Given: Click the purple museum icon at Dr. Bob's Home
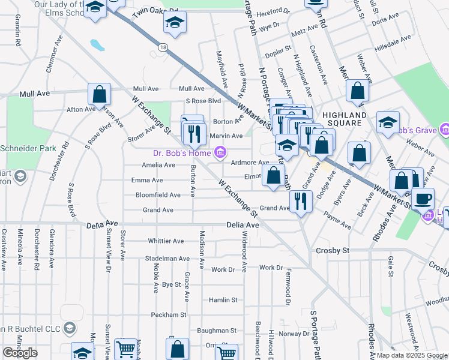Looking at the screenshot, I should (x=220, y=153).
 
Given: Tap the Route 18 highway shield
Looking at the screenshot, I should (x=163, y=46).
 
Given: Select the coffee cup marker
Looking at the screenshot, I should (x=423, y=198).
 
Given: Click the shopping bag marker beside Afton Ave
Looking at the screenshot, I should (x=99, y=94).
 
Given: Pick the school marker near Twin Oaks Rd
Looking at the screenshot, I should (x=175, y=23).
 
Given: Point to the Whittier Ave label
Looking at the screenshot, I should (x=169, y=241).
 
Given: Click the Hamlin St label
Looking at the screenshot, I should (x=223, y=299).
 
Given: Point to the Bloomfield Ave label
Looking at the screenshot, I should (x=158, y=195).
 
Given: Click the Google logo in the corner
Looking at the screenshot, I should (x=20, y=353).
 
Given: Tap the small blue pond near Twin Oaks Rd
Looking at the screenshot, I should (x=96, y=44).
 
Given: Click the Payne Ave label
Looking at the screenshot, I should (x=337, y=220).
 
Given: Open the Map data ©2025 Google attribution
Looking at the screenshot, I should (x=412, y=355).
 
